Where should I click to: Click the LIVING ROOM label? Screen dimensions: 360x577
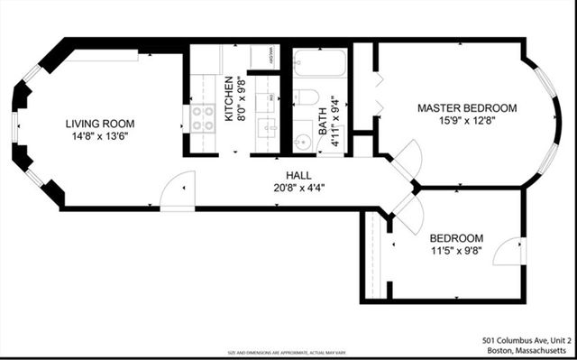[x=99, y=123]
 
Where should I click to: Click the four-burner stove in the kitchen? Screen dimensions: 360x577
[x=203, y=118]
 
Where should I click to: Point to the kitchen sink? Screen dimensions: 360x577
[x=267, y=127]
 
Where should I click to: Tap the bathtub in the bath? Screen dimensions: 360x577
[x=320, y=63]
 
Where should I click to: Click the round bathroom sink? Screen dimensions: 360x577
[x=303, y=141]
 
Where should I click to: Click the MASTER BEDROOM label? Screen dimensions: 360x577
[x=466, y=107]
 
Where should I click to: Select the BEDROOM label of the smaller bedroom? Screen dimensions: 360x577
[x=456, y=238]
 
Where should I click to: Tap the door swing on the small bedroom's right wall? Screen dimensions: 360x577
[x=511, y=250]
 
